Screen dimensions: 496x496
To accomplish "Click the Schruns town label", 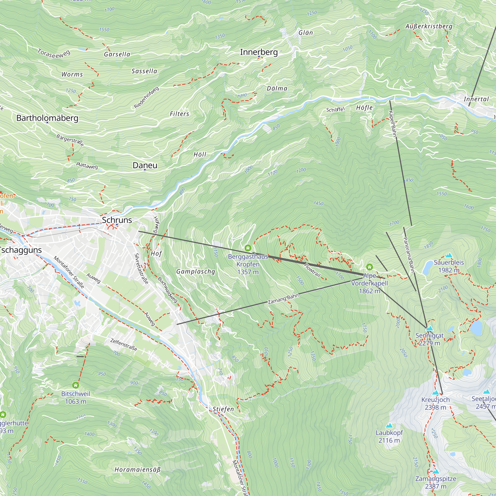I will [117, 220].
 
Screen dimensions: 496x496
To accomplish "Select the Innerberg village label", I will [259, 52].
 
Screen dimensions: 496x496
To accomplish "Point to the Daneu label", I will [145, 165].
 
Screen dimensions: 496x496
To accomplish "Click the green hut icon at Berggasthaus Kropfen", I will [248, 248].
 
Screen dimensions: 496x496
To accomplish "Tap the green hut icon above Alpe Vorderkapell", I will [370, 267].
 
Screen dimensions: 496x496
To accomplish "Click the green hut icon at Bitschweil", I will [75, 385].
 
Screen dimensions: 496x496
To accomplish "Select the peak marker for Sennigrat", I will [430, 328].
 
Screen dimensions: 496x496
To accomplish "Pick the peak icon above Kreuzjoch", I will [435, 393].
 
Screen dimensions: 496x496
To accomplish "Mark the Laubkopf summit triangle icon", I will [389, 426].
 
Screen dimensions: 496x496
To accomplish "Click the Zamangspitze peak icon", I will [436, 472].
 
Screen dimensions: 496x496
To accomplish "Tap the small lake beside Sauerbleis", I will [428, 267].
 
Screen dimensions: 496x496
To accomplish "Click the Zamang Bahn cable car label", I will [283, 299].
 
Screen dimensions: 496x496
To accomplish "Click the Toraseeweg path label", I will [54, 54].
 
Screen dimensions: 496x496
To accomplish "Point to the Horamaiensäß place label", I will [138, 470].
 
